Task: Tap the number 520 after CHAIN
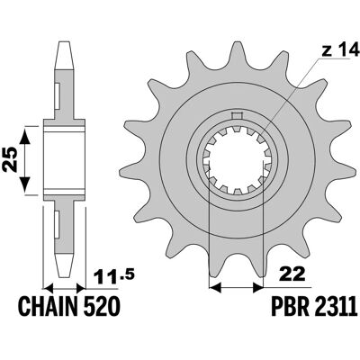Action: (101, 307)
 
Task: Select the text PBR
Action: (290, 307)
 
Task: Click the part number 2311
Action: (336, 307)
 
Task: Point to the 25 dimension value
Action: (11, 159)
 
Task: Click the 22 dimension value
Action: (292, 274)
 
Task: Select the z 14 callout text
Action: (340, 50)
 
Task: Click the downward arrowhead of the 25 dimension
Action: (24, 184)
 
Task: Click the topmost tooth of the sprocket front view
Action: (237, 54)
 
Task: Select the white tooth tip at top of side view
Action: (64, 56)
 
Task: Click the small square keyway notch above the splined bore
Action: (237, 115)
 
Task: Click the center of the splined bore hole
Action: (237, 160)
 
